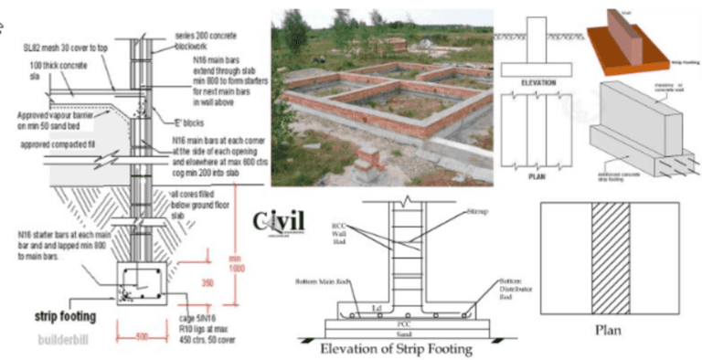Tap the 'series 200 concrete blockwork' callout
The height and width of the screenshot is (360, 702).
click(x=205, y=40)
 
